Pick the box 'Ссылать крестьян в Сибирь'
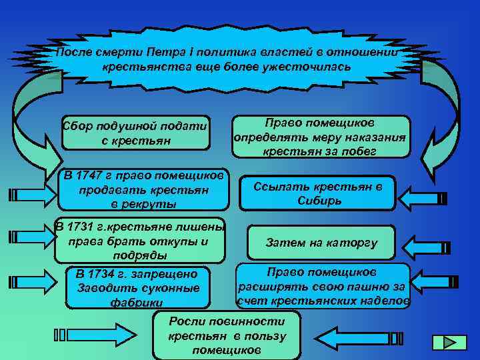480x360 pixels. click(317, 193)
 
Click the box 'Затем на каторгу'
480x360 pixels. click(321, 243)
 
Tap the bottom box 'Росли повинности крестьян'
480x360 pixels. click(227, 335)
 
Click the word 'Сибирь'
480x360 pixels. click(317, 201)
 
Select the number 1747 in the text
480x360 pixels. click(90, 176)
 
